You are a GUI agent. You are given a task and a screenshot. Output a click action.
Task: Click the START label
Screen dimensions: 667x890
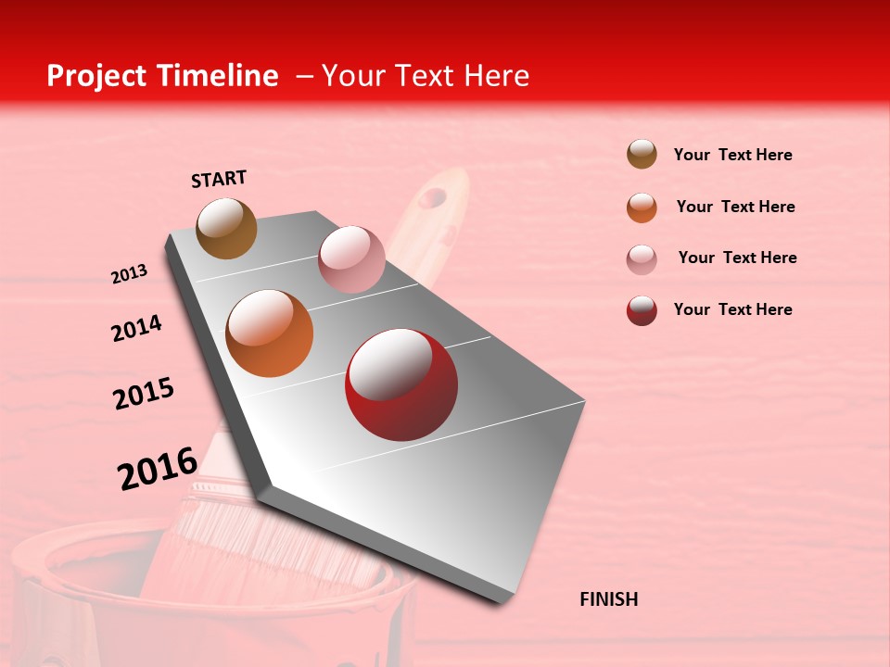219,179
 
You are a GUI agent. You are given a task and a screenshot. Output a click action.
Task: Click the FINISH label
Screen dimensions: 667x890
608,599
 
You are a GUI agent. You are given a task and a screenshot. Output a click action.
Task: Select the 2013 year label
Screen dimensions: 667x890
129,274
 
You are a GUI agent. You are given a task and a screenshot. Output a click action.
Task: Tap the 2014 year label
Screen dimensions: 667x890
136,328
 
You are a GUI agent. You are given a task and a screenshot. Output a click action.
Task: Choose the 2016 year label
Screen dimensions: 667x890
157,468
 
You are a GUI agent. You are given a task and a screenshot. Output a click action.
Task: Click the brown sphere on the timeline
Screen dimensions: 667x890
226,228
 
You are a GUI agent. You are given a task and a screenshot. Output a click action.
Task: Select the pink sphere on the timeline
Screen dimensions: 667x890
351,258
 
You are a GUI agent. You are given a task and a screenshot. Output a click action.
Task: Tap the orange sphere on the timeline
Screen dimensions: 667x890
269,333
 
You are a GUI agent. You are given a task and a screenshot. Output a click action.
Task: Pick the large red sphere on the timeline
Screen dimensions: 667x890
401,384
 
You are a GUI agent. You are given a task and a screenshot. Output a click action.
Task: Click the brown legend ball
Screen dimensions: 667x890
642,155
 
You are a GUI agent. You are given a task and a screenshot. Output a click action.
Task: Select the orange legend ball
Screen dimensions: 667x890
642,208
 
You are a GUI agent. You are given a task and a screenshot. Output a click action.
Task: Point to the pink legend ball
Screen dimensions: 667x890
642,259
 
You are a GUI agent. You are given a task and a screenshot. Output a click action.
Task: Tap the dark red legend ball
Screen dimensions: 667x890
642,310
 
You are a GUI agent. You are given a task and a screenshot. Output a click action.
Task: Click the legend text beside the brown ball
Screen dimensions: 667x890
732,155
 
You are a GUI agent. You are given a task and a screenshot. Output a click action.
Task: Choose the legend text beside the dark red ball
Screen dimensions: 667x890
732,309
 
